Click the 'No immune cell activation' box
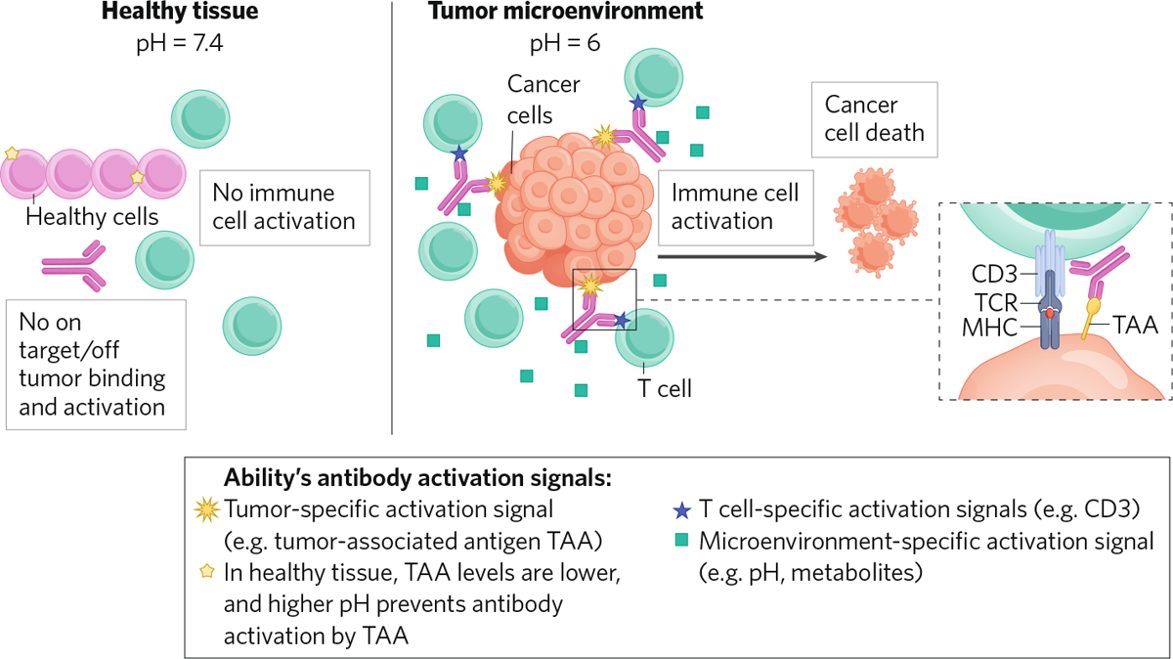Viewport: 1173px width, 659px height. tap(283, 206)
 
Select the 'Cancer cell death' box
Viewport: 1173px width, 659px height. tap(874, 118)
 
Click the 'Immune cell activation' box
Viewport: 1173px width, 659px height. tap(734, 206)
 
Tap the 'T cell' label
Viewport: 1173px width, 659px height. tap(665, 388)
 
